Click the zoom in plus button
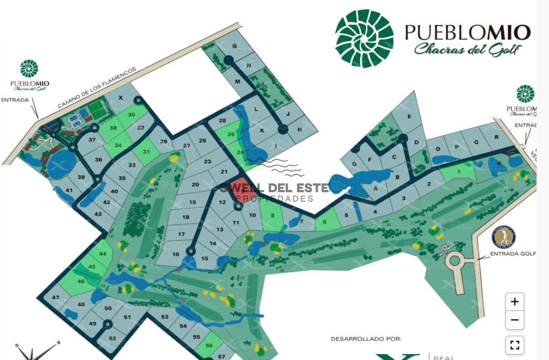[515, 302]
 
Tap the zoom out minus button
[515, 320]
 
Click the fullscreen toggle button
[515, 345]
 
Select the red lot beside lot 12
[241, 190]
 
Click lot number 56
[209, 346]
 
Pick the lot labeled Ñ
[234, 47]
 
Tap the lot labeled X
[121, 98]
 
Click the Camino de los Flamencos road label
[97, 88]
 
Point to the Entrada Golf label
[512, 253]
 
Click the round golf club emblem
[503, 237]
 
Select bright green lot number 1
[458, 172]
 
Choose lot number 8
[273, 215]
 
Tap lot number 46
[81, 282]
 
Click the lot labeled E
[409, 116]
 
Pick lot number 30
[132, 115]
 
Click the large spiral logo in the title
[364, 38]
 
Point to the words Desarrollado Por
[366, 339]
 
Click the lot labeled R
[496, 137]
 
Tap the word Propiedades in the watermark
[274, 199]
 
